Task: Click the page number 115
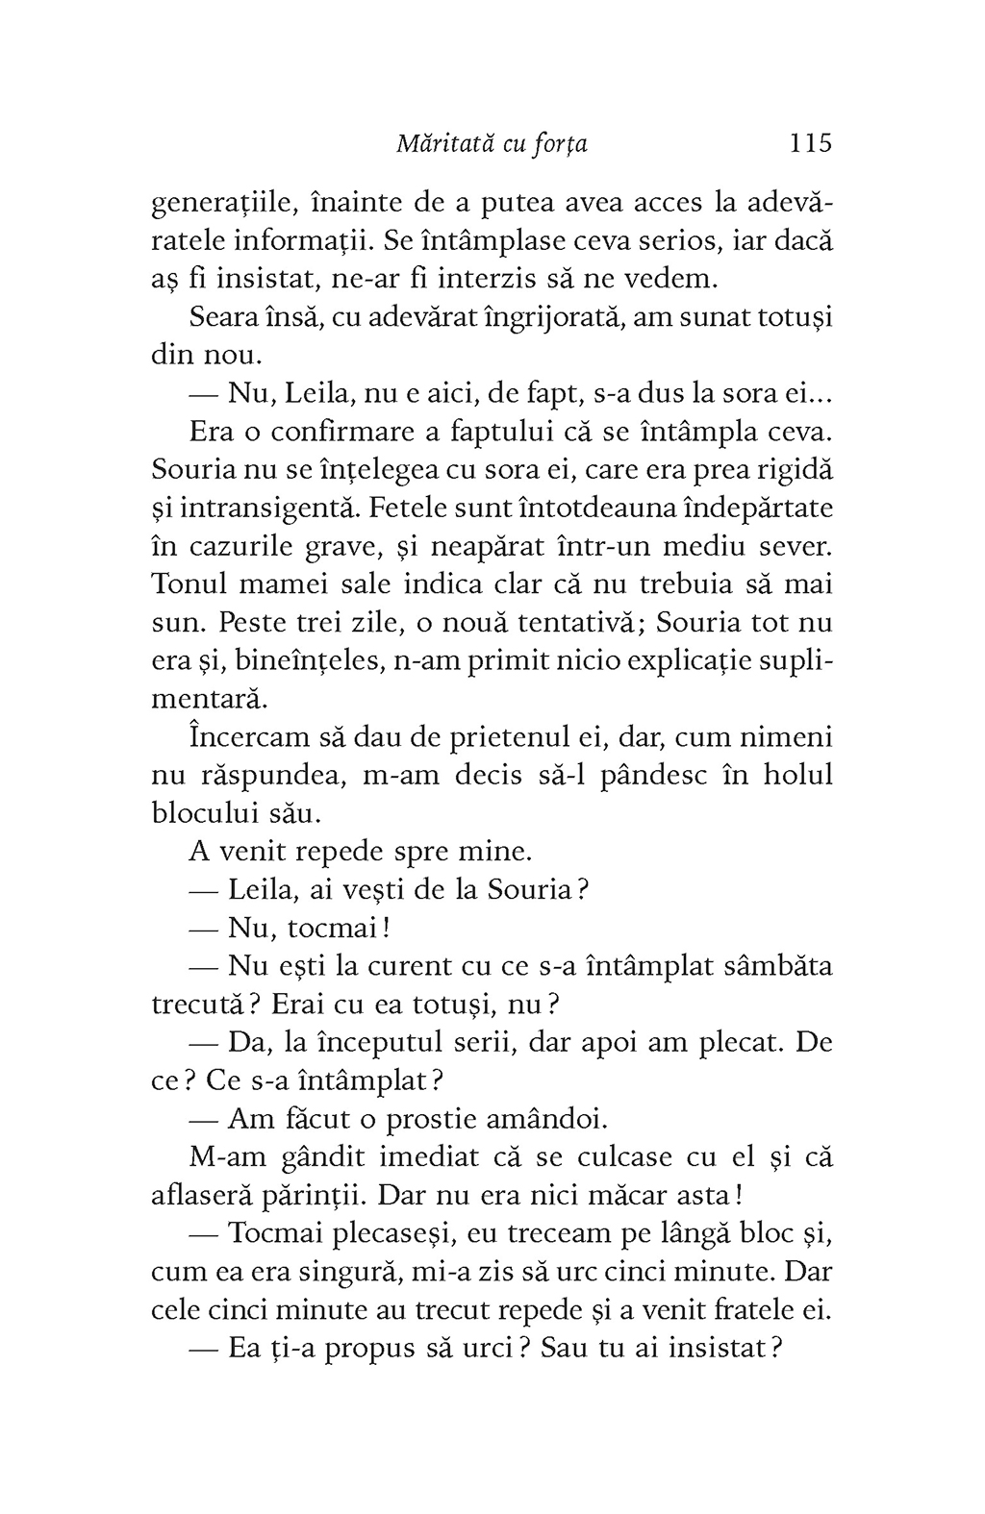click(809, 143)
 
